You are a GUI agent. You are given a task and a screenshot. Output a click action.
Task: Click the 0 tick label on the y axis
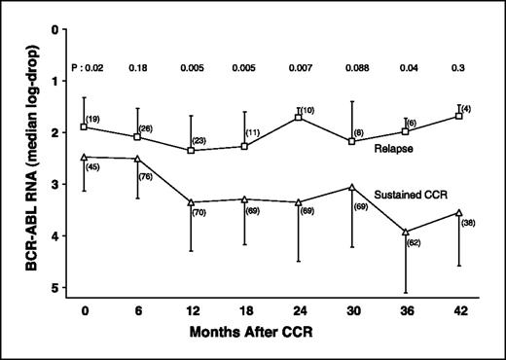pos(67,29)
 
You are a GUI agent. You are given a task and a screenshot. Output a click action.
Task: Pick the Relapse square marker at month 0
pos(85,126)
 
